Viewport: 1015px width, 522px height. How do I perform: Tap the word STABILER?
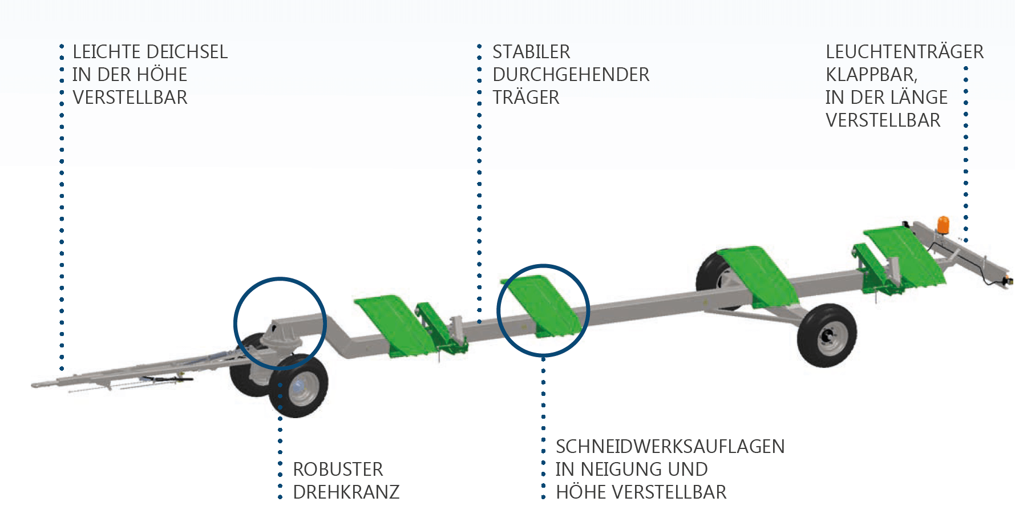[531, 52]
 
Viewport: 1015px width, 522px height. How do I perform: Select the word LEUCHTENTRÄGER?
[904, 52]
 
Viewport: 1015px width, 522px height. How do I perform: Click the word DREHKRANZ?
[346, 492]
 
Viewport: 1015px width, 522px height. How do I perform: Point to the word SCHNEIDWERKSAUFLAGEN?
[670, 446]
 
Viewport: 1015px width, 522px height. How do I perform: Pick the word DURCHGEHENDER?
[571, 75]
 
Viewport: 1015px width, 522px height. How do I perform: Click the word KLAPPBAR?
[871, 75]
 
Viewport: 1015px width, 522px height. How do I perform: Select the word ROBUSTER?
[338, 469]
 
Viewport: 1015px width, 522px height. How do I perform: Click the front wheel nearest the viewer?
[299, 386]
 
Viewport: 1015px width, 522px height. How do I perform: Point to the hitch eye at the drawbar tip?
[37, 385]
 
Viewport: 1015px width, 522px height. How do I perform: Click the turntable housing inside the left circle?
[280, 337]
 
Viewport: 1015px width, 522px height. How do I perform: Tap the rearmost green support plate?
[904, 254]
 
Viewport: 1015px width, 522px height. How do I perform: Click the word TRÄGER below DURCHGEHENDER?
[526, 98]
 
